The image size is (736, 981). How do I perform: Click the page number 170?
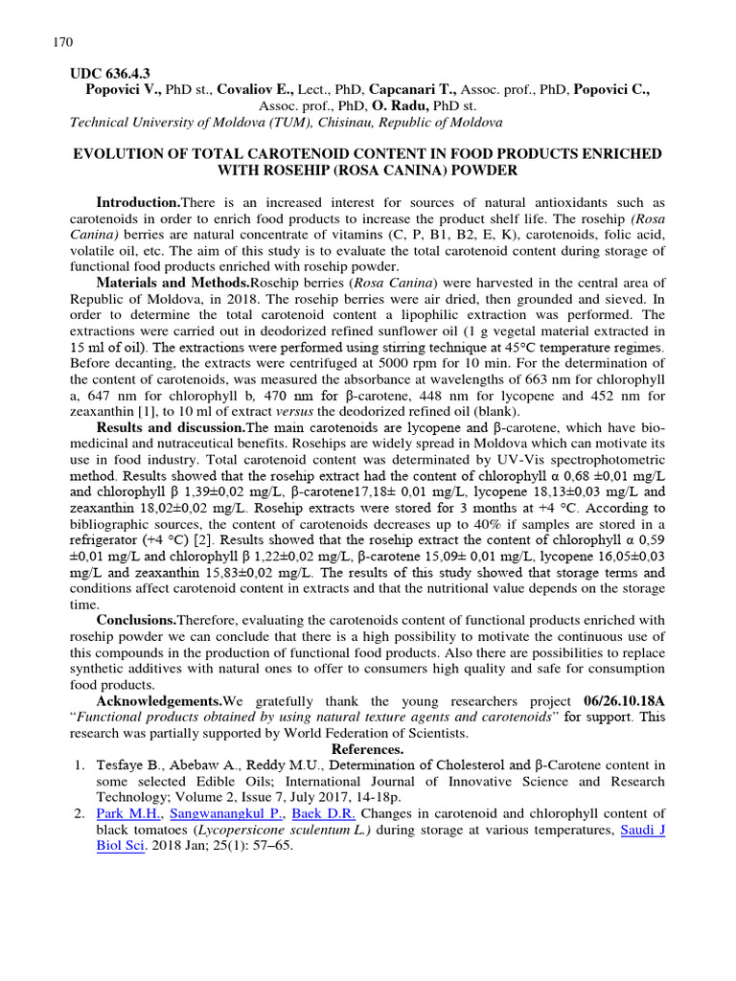click(x=59, y=42)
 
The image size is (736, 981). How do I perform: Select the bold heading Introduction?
click(x=138, y=202)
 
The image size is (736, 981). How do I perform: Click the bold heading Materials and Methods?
click(x=172, y=283)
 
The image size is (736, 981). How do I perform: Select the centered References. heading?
click(x=368, y=749)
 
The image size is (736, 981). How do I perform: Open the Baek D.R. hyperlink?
click(x=324, y=813)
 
